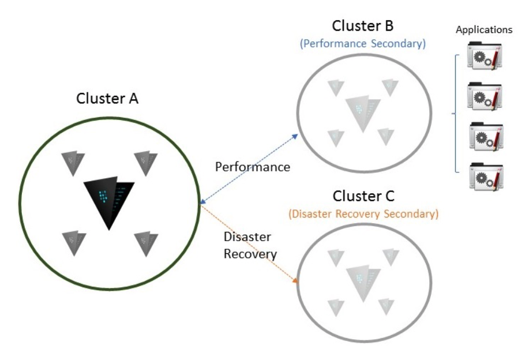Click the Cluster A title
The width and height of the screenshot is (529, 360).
[x=107, y=99]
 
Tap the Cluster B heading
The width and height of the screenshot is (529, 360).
[x=361, y=27]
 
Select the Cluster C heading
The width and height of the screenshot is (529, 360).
[x=361, y=197]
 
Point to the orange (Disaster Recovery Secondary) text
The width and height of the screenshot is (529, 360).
[x=362, y=213]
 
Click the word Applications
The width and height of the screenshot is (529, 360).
[x=483, y=30]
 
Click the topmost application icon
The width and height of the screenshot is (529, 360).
[x=487, y=59]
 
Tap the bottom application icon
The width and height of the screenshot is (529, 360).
[x=487, y=176]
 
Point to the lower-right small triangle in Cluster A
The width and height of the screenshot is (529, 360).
[x=145, y=242]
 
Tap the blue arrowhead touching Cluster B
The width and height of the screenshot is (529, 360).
[x=296, y=136]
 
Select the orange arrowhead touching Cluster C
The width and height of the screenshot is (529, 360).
[x=296, y=281]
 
